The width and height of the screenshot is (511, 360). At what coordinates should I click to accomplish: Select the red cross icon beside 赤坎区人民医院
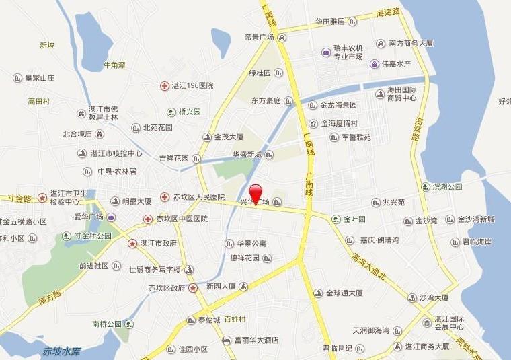click(165, 197)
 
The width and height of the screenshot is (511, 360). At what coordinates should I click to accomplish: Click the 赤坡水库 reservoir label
click(62, 351)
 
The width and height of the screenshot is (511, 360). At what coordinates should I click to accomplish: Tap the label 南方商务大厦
click(411, 43)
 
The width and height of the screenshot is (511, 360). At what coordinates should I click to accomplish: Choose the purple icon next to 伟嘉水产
click(375, 64)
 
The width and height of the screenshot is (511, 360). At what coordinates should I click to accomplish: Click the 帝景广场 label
click(259, 38)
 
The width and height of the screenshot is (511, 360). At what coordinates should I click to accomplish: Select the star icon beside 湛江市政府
click(133, 243)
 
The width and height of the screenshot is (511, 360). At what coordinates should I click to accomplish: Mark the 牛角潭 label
click(114, 65)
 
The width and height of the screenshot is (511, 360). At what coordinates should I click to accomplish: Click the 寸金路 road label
click(20, 199)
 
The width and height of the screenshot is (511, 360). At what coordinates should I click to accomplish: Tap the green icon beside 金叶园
click(336, 219)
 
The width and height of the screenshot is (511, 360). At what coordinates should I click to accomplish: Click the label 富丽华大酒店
click(256, 340)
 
